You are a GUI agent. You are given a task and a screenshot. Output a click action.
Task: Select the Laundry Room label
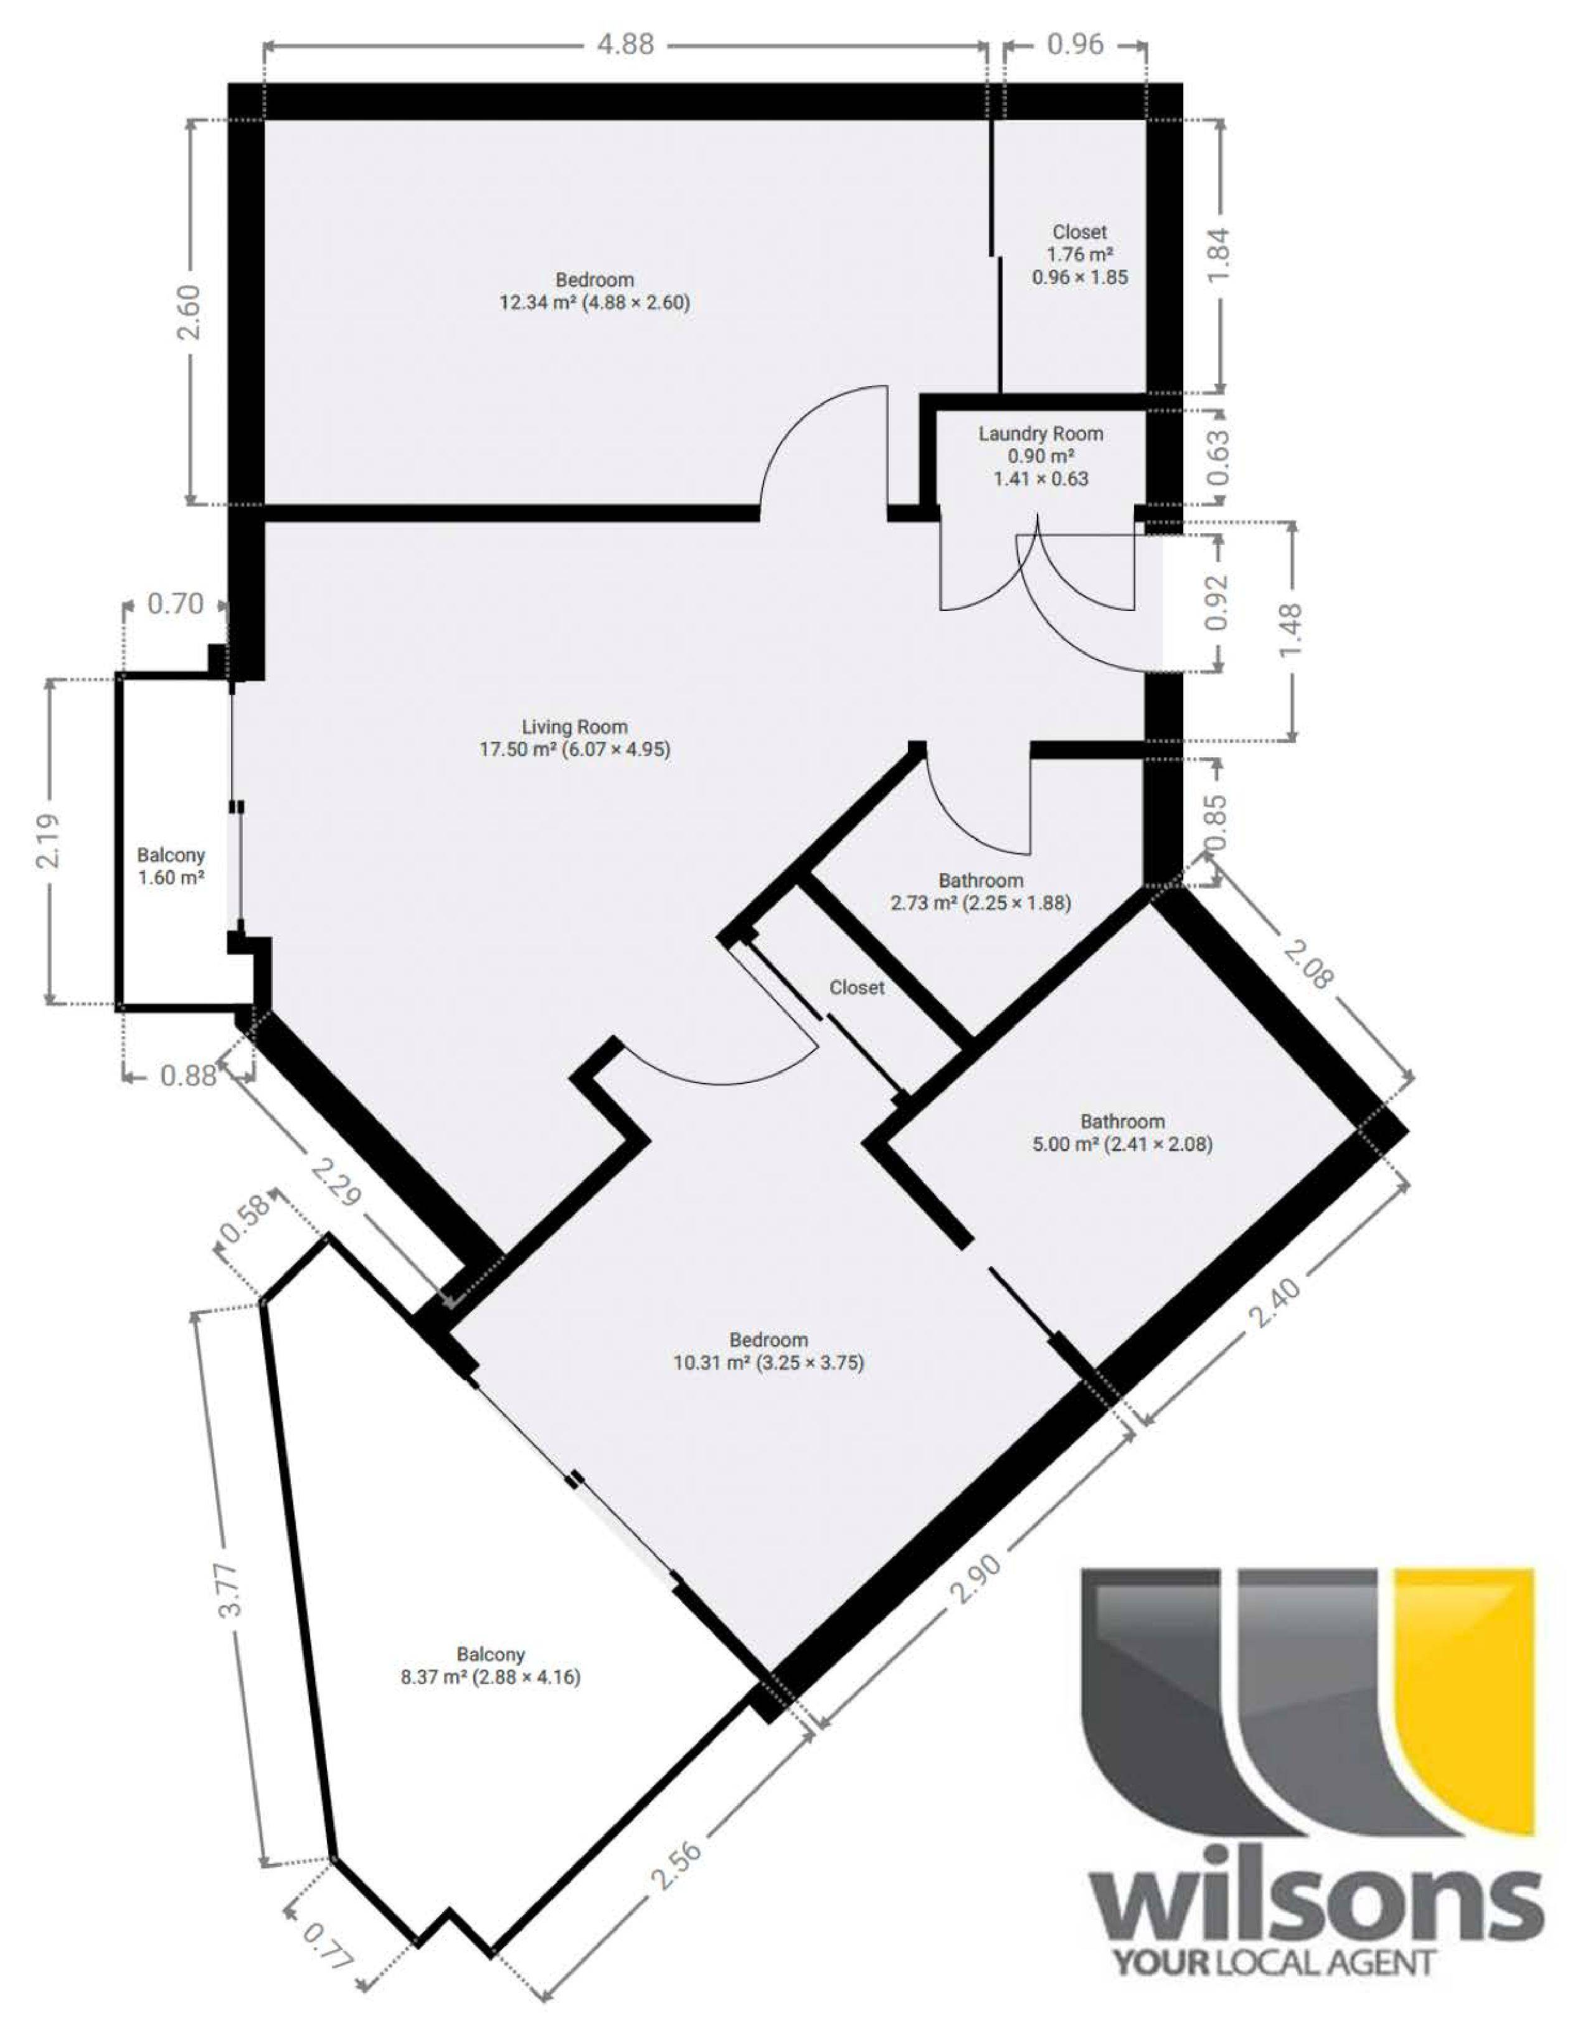(1041, 456)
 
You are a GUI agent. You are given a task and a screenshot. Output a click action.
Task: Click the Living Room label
(575, 739)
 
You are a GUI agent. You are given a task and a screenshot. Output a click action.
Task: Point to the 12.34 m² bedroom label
(595, 291)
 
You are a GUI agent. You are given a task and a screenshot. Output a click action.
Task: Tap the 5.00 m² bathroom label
(1122, 1133)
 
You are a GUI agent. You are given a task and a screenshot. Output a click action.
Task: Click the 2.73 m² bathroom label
(980, 891)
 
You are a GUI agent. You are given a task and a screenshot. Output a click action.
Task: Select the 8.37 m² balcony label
(490, 1665)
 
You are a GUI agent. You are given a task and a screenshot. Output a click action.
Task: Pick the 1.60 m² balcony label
(171, 866)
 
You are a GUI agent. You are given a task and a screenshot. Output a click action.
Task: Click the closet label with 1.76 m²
(1079, 254)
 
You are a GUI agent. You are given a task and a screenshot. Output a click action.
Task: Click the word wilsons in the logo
(1316, 1865)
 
